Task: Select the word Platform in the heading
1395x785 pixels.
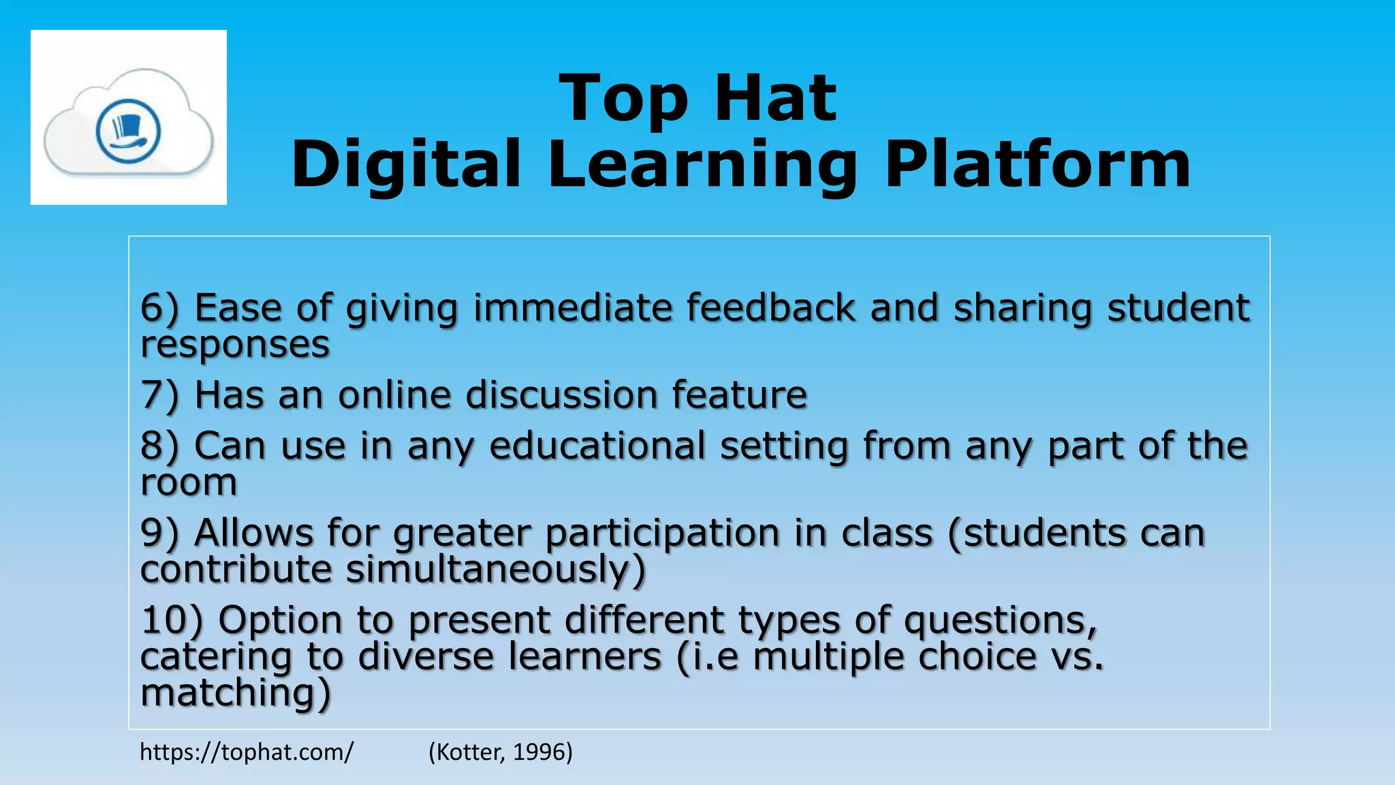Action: pyautogui.click(x=1037, y=165)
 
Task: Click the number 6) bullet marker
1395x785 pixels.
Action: pyautogui.click(x=159, y=308)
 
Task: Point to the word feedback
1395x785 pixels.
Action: pyautogui.click(x=770, y=308)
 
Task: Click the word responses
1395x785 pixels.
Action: pyautogui.click(x=235, y=345)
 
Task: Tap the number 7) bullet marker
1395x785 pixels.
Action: pyautogui.click(x=159, y=395)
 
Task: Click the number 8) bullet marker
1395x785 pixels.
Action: pyautogui.click(x=159, y=446)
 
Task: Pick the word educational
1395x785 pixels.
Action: pyautogui.click(x=597, y=446)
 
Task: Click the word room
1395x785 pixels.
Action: pyautogui.click(x=189, y=483)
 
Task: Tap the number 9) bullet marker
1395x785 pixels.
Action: pyautogui.click(x=159, y=533)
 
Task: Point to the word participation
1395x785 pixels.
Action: pyautogui.click(x=662, y=534)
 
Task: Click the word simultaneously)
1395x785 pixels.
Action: pyautogui.click(x=495, y=570)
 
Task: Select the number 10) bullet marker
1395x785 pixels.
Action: pyautogui.click(x=172, y=621)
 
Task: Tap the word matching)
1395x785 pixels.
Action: pyautogui.click(x=235, y=694)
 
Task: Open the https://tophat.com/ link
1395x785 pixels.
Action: pyautogui.click(x=247, y=752)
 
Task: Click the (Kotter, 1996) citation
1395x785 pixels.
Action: pyautogui.click(x=501, y=752)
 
